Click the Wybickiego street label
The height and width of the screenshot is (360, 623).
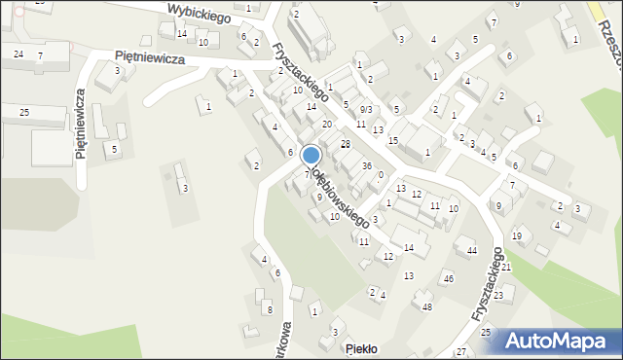(x=198, y=12)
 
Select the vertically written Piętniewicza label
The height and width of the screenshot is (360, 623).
(x=81, y=126)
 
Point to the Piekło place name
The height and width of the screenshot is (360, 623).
(x=361, y=348)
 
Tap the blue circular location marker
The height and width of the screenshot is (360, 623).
(x=311, y=155)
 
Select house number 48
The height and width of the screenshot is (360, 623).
(x=426, y=306)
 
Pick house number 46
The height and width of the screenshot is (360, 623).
(x=448, y=279)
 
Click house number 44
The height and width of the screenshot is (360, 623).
(x=471, y=251)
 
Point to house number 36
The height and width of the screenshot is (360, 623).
(x=366, y=166)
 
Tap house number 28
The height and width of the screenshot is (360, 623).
(x=345, y=144)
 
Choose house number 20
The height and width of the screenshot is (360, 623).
(x=327, y=125)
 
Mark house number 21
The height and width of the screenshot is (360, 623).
(x=506, y=267)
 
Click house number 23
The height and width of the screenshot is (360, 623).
(x=497, y=294)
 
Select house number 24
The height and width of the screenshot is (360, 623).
(x=18, y=54)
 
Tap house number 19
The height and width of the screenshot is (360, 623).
(x=517, y=235)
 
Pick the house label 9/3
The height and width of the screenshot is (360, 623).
(x=365, y=109)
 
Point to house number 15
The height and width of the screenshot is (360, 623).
(x=392, y=141)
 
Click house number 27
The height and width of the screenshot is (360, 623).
(x=460, y=350)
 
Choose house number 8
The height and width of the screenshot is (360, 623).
(x=270, y=309)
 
